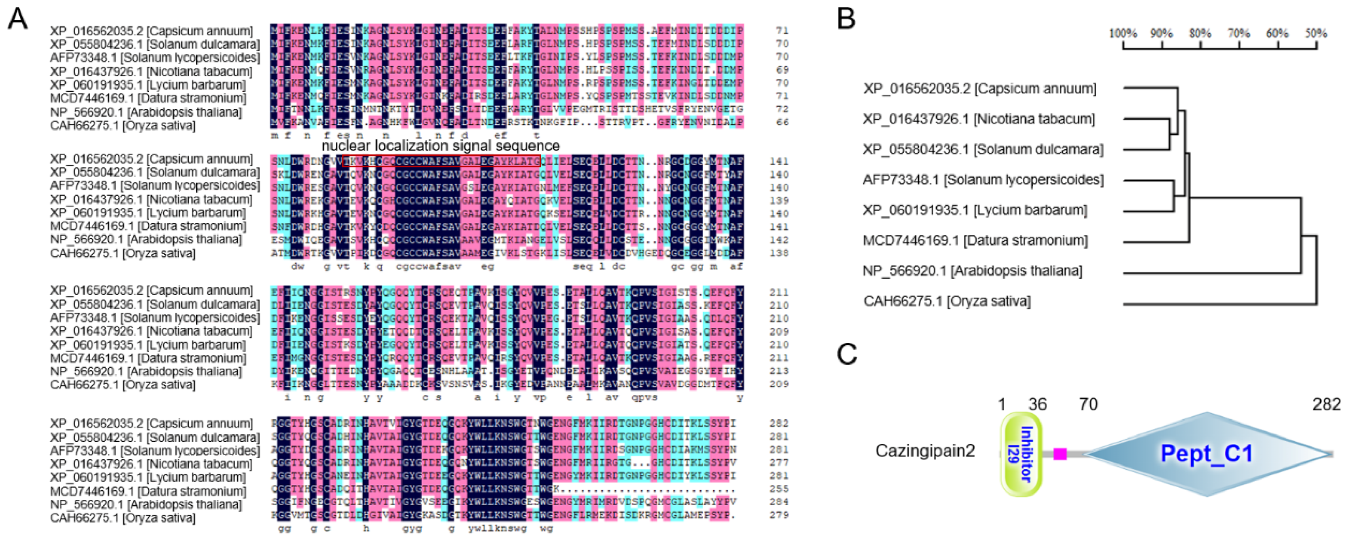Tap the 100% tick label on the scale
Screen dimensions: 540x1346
[1123, 33]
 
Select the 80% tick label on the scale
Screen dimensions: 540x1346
[1200, 33]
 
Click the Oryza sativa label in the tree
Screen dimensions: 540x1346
[947, 301]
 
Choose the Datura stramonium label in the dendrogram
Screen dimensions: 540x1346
[975, 241]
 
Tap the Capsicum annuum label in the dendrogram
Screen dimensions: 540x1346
[980, 89]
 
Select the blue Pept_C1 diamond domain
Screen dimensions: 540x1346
[1207, 453]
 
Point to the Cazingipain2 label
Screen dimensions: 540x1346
[925, 451]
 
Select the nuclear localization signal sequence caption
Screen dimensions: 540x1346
[440, 146]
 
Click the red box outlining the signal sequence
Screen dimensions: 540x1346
[441, 161]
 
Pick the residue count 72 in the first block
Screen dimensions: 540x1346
[782, 109]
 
